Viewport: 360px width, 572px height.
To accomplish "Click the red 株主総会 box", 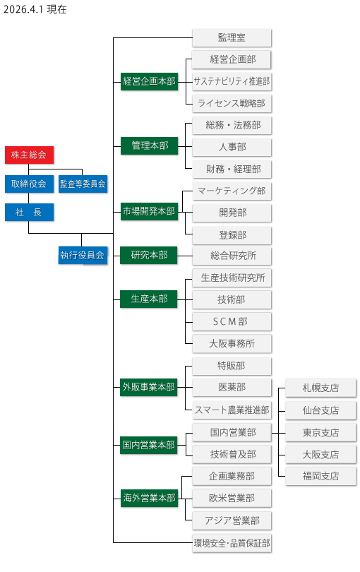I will pos(29,155).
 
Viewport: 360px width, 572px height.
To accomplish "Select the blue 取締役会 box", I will pos(29,184).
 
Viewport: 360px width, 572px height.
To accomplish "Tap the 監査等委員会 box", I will pos(83,184).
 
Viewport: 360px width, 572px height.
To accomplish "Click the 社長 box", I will pos(29,212).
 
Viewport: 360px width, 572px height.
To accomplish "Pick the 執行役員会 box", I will pos(83,255).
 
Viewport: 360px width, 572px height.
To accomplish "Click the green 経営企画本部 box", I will pos(149,81).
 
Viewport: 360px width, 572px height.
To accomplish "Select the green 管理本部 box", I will pos(149,145).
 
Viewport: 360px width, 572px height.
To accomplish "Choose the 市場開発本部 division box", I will pos(149,211).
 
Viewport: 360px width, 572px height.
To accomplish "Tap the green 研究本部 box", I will pos(149,255).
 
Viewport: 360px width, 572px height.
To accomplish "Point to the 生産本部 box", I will pos(149,299).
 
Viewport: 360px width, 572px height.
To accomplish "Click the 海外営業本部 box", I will pos(149,498).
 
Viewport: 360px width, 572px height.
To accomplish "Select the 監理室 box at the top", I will pos(232,37).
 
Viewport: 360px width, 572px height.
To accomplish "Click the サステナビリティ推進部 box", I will pos(232,81).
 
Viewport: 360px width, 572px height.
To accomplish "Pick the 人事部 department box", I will pos(232,147).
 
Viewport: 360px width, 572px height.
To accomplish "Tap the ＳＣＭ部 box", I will pos(232,321).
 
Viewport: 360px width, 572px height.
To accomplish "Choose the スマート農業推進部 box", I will pos(232,410).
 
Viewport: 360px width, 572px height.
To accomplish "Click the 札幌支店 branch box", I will pos(320,388).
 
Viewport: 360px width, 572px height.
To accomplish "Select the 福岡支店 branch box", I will pos(320,476).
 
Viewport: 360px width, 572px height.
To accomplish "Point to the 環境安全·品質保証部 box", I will pos(232,543).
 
